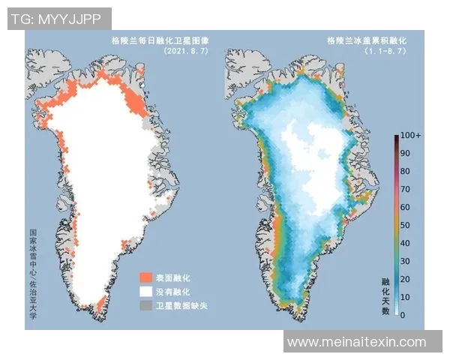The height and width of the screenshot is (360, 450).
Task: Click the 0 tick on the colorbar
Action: pos(404,315)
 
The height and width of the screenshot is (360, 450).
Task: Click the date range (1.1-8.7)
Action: pos(385,51)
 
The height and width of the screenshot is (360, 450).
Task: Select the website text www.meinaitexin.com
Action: pos(357,342)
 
